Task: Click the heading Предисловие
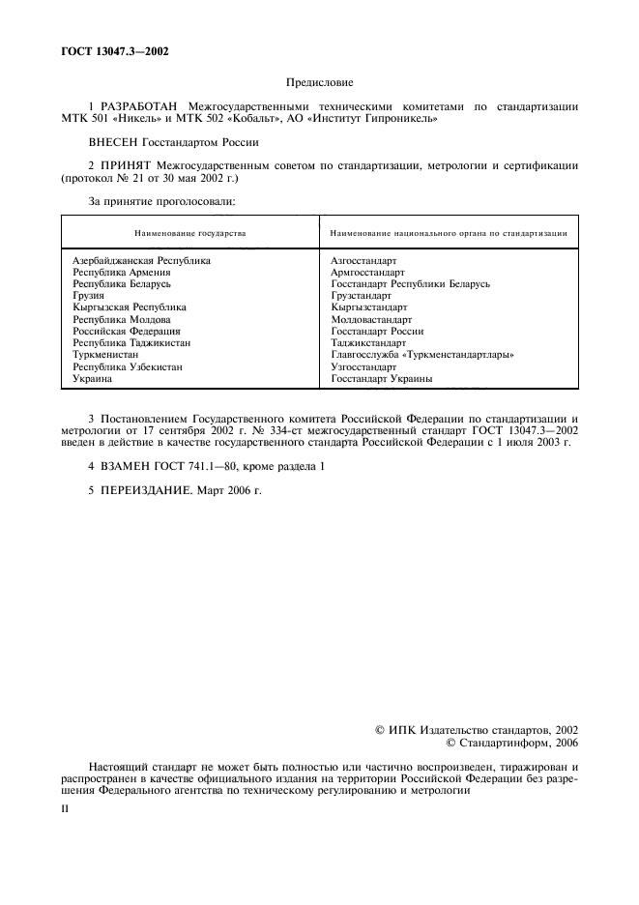coord(319,84)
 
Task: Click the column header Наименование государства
coord(189,233)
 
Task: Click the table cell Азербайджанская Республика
coord(141,261)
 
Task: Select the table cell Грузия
coord(89,296)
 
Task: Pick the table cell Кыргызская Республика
coord(129,307)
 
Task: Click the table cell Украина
coord(92,379)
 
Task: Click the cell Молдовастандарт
coord(371,319)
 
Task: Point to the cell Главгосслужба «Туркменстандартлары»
coord(421,355)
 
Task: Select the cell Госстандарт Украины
coord(381,379)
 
